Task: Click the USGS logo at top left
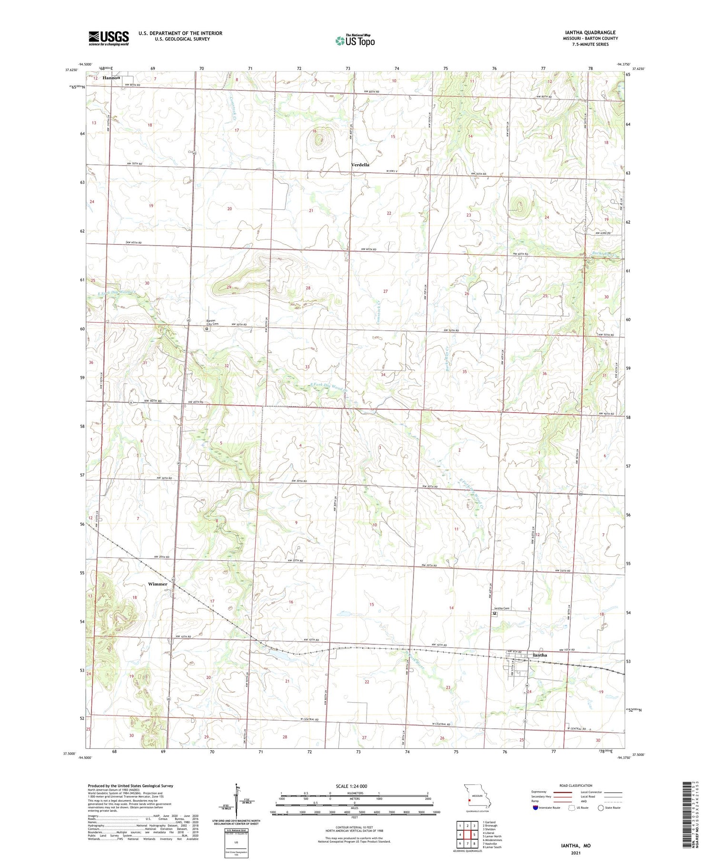[109, 38]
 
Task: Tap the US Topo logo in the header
[355, 40]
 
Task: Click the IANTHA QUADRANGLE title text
[590, 32]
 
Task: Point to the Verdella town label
[360, 165]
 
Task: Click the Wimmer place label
[158, 584]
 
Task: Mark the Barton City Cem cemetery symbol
[207, 328]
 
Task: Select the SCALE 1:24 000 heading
[351, 786]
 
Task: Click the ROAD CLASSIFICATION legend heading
[576, 785]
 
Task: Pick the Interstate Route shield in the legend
[535, 808]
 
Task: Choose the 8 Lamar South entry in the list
[492, 847]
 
